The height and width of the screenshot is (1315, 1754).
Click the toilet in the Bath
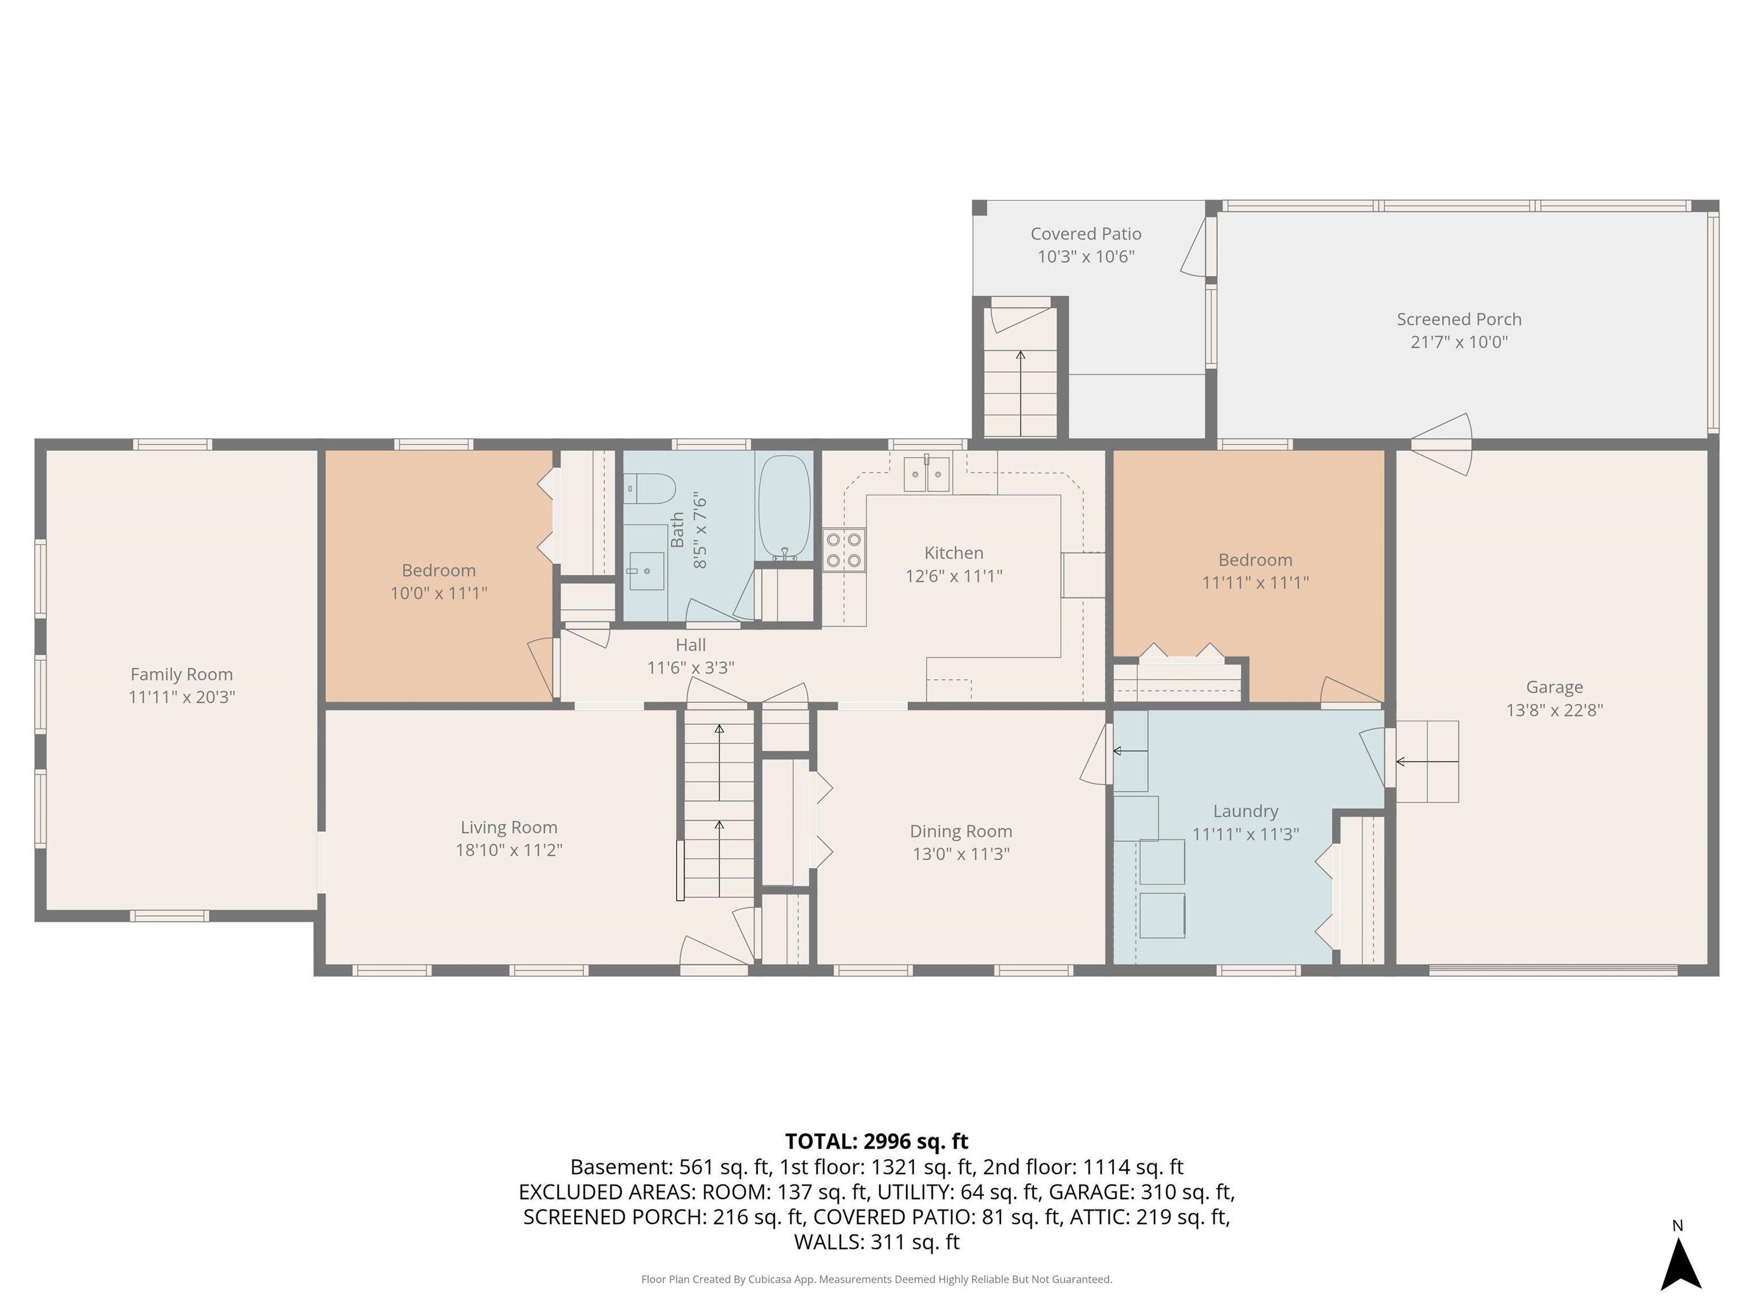[649, 488]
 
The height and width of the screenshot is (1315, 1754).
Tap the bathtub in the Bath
[785, 508]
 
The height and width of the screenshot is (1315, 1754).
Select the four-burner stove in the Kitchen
[844, 549]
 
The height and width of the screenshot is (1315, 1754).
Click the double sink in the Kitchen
[926, 474]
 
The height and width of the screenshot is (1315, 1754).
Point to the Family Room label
[182, 675]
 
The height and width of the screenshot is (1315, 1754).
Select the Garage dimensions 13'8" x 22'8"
[1554, 709]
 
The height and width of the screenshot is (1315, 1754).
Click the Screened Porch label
[1458, 320]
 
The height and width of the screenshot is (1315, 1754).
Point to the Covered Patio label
[1085, 234]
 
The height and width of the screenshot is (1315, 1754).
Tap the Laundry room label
[1245, 811]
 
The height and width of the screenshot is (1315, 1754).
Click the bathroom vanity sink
[646, 571]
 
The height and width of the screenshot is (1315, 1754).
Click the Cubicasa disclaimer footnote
[876, 1278]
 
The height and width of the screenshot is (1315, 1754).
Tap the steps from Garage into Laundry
[1427, 761]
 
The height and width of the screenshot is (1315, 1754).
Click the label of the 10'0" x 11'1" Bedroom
[438, 570]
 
